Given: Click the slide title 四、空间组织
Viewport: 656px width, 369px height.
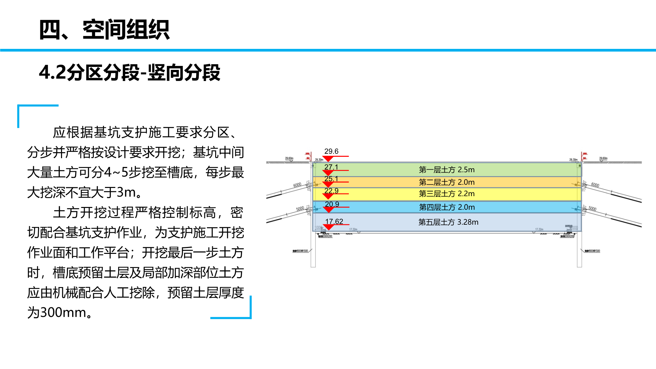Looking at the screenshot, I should (104, 30).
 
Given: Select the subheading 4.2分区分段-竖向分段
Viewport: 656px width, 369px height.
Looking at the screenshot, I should (130, 72).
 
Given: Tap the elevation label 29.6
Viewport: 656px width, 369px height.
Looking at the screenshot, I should (331, 151).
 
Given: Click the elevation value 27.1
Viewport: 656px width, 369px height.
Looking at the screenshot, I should (331, 167).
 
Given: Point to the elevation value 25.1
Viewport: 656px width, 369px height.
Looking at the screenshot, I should (331, 179).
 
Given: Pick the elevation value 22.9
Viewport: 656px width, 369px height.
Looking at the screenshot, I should (331, 191).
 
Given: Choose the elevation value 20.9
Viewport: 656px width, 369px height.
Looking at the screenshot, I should (332, 204).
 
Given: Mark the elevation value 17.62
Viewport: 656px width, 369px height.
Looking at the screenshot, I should (334, 221).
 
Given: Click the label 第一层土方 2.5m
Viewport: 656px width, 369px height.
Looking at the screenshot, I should (446, 170).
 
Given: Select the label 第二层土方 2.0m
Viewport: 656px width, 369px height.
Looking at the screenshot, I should (446, 182).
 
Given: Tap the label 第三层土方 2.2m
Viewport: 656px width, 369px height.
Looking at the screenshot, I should (446, 194).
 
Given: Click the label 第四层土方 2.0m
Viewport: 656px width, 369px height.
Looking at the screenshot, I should (447, 207).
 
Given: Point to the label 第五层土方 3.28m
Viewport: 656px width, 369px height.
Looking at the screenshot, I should (448, 222).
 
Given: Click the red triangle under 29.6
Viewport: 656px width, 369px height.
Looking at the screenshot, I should (328, 159).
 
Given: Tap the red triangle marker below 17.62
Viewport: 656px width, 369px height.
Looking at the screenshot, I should (328, 227).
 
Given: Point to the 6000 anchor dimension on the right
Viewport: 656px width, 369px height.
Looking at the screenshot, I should (595, 185).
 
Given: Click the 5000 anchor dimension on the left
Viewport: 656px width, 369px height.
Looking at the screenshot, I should (300, 209).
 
